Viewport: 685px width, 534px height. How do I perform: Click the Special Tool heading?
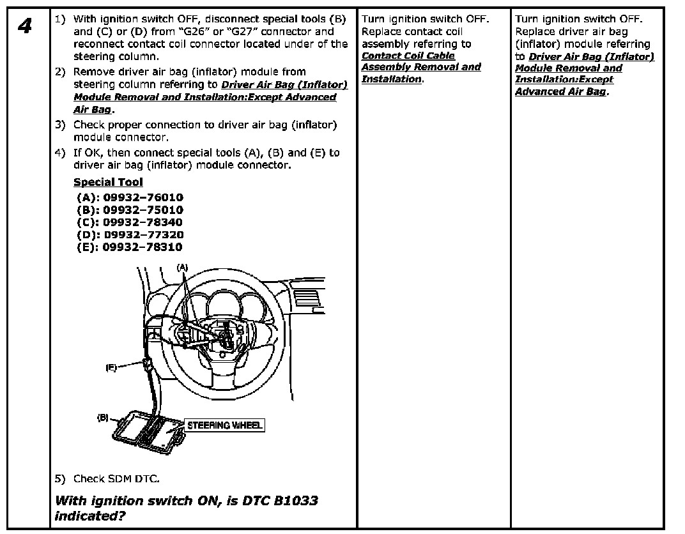(108, 182)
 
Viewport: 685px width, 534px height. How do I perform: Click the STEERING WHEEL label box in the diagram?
(224, 425)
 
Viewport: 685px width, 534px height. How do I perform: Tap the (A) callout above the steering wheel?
(183, 266)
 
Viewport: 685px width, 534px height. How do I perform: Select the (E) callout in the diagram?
(111, 368)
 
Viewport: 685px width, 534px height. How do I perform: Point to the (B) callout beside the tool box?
(102, 418)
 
